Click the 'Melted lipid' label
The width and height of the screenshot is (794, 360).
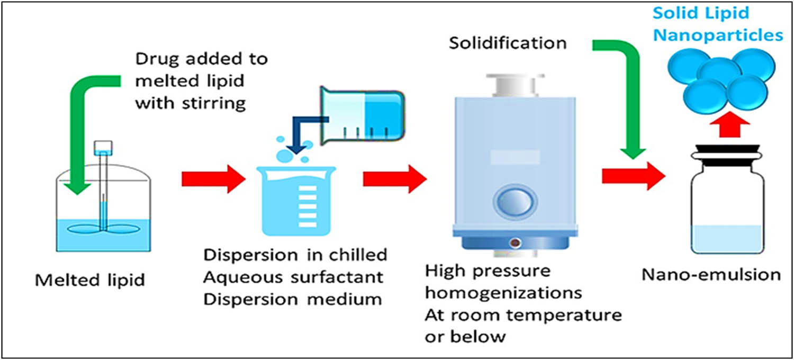[x=89, y=280]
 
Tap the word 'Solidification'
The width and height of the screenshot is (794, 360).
[x=508, y=42]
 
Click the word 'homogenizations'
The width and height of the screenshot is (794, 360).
[x=503, y=293]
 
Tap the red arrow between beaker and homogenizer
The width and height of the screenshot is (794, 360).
[x=394, y=179]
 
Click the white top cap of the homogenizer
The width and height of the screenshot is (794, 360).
[x=511, y=85]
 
